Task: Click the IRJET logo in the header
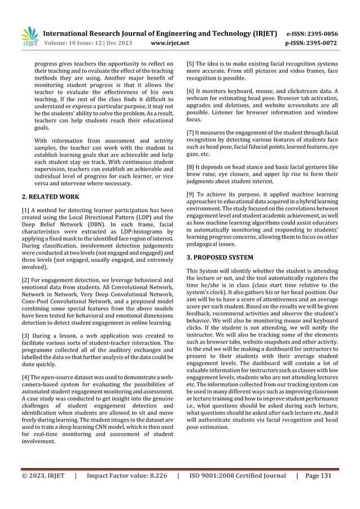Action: (28, 35)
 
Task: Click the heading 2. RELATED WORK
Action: (50, 197)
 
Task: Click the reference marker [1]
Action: (26, 210)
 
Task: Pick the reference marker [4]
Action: (26, 376)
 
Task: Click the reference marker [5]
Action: (191, 64)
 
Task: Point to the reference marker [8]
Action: (191, 167)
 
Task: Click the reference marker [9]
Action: (191, 195)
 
